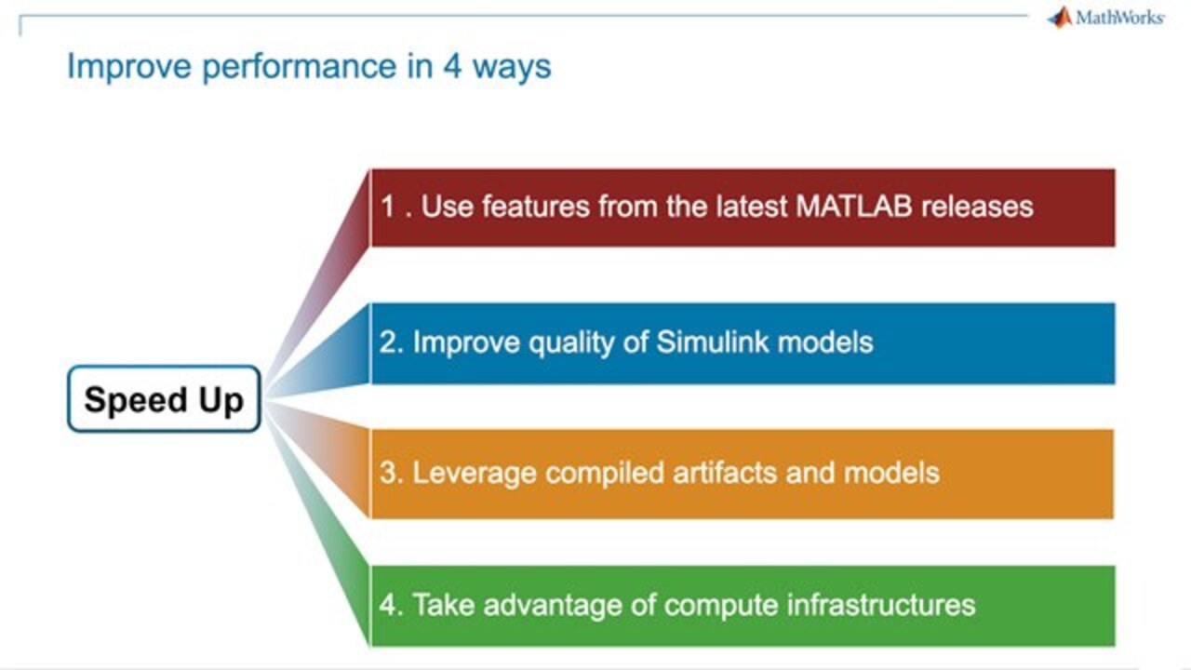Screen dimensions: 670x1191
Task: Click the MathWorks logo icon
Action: (x=1060, y=17)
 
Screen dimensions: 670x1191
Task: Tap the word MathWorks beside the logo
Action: (x=1119, y=18)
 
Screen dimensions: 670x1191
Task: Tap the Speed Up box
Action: (x=164, y=399)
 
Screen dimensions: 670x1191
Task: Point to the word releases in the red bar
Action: (x=977, y=206)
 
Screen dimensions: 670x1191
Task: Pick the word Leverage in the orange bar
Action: (x=475, y=473)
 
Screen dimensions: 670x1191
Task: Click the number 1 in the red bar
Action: (x=388, y=206)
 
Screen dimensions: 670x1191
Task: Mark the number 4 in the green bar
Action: (x=387, y=605)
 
